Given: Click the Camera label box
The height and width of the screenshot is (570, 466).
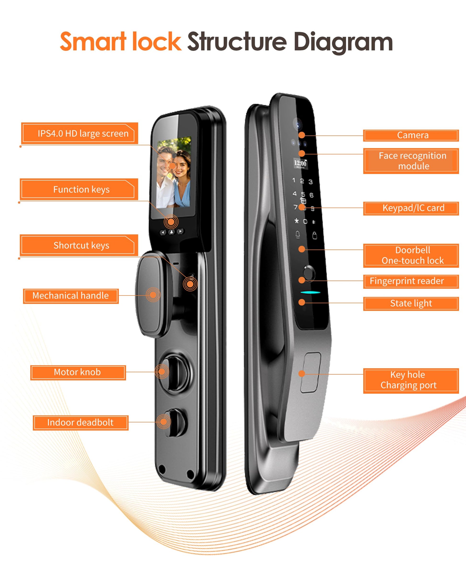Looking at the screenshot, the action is (x=411, y=135).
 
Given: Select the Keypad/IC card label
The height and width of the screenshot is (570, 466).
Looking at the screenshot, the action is (x=411, y=208).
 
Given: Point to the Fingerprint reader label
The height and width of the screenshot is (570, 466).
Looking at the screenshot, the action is (x=411, y=281).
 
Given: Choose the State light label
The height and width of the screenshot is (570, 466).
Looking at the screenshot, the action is (x=411, y=303).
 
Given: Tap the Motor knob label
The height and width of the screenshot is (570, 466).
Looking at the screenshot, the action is (x=78, y=372).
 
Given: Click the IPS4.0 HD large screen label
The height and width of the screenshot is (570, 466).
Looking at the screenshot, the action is (x=80, y=133).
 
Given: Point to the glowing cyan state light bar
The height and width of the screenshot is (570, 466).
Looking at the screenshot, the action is (x=310, y=292).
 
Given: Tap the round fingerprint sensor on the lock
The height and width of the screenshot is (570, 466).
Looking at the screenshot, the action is (x=309, y=273).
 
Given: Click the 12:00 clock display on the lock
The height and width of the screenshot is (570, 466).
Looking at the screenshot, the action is (x=300, y=163).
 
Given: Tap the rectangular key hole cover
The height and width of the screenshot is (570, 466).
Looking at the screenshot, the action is (x=310, y=372).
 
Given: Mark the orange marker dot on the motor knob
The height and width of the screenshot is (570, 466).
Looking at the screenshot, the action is (x=162, y=372).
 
